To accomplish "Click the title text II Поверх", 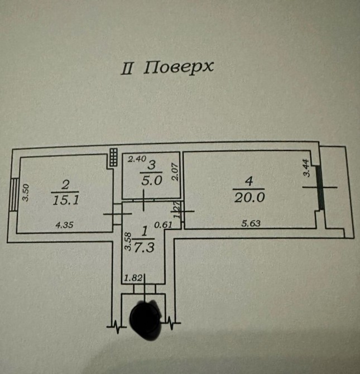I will [x=168, y=68].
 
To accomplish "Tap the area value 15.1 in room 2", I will [x=65, y=199].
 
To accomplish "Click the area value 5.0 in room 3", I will [x=152, y=180].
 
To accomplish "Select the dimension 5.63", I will [x=251, y=224].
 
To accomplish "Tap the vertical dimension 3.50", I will [x=24, y=193].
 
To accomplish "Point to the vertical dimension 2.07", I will [x=175, y=170].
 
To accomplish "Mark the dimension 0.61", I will [x=162, y=224].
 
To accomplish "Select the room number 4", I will [x=249, y=180].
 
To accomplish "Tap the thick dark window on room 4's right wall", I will [x=320, y=188].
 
